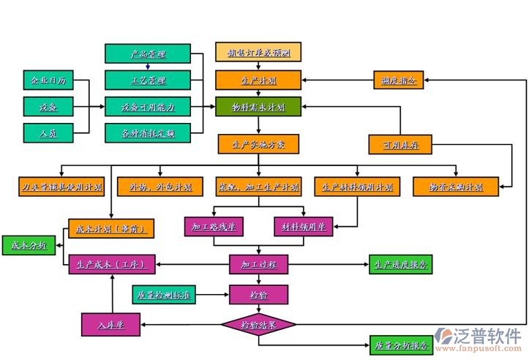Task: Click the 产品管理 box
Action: (x=148, y=53)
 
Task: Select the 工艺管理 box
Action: (x=148, y=79)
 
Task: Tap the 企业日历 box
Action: (x=45, y=79)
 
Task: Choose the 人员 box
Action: (x=45, y=132)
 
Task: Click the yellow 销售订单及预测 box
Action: (x=258, y=53)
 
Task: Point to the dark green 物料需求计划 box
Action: (x=258, y=106)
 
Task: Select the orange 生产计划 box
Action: (x=258, y=80)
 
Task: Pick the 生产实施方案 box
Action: (x=258, y=143)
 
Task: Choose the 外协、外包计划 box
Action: (x=155, y=187)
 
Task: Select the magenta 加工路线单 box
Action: (x=214, y=227)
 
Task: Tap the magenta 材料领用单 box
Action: (x=304, y=227)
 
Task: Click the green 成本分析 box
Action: (x=28, y=246)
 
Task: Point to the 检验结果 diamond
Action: (x=258, y=323)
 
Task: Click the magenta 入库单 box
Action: (x=110, y=323)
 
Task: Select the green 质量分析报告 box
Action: (x=400, y=345)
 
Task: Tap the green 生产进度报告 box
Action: (x=400, y=264)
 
